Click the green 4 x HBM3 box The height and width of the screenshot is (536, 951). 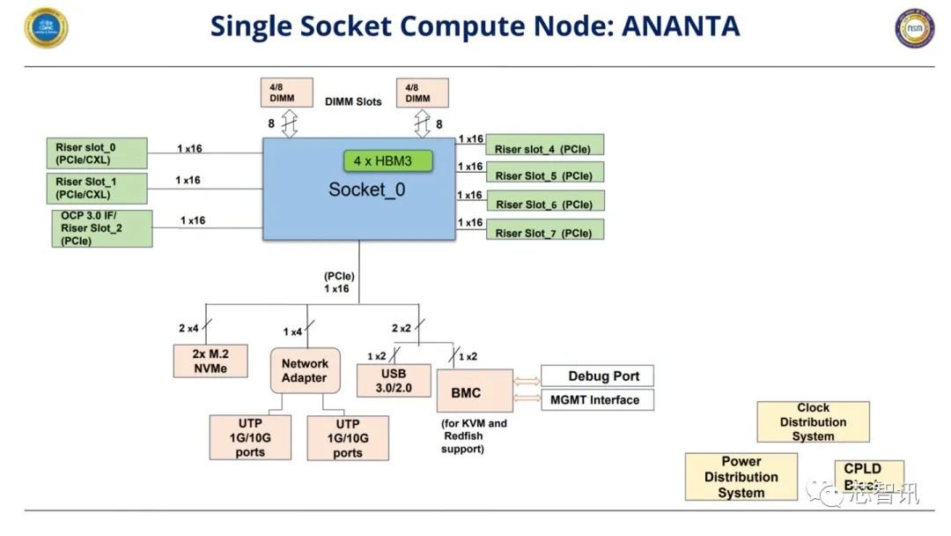pyautogui.click(x=389, y=160)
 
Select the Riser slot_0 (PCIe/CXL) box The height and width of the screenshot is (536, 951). pyautogui.click(x=96, y=153)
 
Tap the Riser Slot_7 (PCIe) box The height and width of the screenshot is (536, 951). pyautogui.click(x=544, y=233)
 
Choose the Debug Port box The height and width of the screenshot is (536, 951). pyautogui.click(x=597, y=376)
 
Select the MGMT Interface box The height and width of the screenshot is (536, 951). pyautogui.click(x=597, y=399)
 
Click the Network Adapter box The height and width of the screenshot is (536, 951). pyautogui.click(x=304, y=370)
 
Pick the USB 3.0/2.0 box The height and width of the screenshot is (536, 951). pyautogui.click(x=394, y=380)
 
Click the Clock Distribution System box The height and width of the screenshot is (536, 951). pyautogui.click(x=813, y=421)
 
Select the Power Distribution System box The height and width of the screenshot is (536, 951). pyautogui.click(x=741, y=477)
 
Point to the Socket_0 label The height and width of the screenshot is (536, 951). pyautogui.click(x=367, y=189)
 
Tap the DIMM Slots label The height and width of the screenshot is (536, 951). pyautogui.click(x=353, y=101)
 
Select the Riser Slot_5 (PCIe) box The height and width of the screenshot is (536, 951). pyautogui.click(x=544, y=175)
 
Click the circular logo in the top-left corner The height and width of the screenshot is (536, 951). pyautogui.click(x=47, y=26)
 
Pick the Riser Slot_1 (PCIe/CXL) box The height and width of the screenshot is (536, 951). pyautogui.click(x=96, y=187)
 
